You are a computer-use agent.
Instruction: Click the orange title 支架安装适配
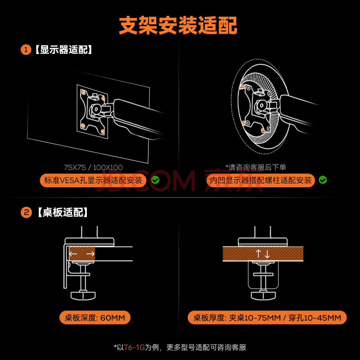pyautogui.click(x=178, y=25)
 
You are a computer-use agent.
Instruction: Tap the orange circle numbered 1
pyautogui.click(x=26, y=49)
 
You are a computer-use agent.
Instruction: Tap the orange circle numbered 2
pyautogui.click(x=26, y=212)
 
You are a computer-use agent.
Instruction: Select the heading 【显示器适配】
pyautogui.click(x=63, y=49)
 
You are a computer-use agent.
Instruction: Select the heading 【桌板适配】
pyautogui.click(x=63, y=212)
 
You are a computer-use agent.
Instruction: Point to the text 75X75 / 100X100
pyautogui.click(x=93, y=167)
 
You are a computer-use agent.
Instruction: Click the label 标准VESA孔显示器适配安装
pyautogui.click(x=93, y=180)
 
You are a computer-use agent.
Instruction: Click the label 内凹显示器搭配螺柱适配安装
pyautogui.click(x=261, y=180)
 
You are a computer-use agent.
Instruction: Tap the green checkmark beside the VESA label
pyautogui.click(x=155, y=180)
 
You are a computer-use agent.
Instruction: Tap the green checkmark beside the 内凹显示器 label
pyautogui.click(x=323, y=180)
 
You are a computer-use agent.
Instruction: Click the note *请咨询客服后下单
pyautogui.click(x=256, y=167)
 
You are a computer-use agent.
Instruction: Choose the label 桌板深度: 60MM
pyautogui.click(x=95, y=318)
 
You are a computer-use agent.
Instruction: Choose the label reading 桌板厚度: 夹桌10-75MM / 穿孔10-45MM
pyautogui.click(x=267, y=318)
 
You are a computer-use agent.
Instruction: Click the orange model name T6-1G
pyautogui.click(x=134, y=347)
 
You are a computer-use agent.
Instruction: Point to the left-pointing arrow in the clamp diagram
pyautogui.click(x=73, y=254)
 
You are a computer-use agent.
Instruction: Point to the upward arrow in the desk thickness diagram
pyautogui.click(x=258, y=253)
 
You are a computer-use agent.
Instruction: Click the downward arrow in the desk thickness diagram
pyautogui.click(x=267, y=254)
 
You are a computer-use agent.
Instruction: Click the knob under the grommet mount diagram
pyautogui.click(x=263, y=295)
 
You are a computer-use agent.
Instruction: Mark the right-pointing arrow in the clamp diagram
pyautogui.click(x=90, y=254)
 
